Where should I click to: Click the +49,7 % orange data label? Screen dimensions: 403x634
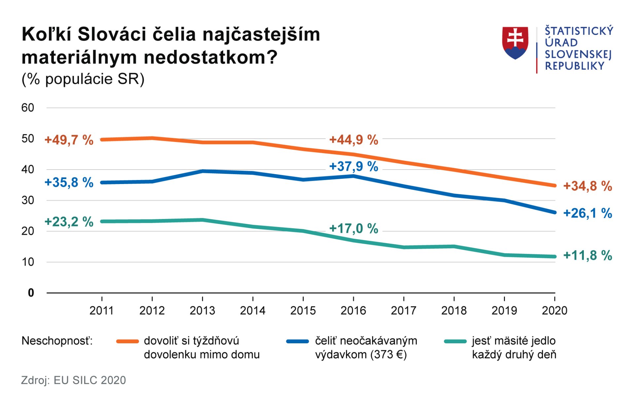[x=69, y=140]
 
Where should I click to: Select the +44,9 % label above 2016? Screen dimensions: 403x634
[x=354, y=140]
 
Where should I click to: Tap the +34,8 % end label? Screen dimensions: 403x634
[x=587, y=186]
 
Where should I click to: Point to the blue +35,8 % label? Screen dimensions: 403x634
[x=69, y=182]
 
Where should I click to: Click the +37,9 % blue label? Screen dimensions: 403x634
[x=354, y=167]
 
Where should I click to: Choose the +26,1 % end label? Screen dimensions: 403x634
[x=587, y=213]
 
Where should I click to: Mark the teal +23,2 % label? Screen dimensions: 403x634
[x=69, y=222]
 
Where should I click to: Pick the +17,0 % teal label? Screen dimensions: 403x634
[x=354, y=229]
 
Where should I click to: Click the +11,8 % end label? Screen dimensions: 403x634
[x=587, y=256]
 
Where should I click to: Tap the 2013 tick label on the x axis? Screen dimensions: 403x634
[x=202, y=311]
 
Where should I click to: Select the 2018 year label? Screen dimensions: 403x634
[x=454, y=311]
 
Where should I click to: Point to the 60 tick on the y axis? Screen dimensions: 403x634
[x=28, y=108]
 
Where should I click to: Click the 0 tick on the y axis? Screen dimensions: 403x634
[x=31, y=293]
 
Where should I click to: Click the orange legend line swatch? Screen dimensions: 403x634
[x=127, y=342]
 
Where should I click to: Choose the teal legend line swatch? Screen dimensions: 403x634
[x=455, y=342]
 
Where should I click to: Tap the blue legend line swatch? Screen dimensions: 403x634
[x=298, y=342]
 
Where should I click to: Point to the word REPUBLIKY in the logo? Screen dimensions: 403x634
[x=575, y=66]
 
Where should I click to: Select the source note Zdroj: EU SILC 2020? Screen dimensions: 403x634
[x=74, y=380]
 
